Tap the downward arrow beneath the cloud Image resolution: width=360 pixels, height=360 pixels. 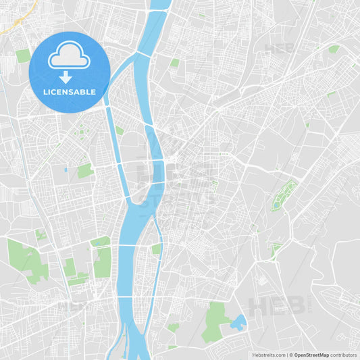coord(66,77)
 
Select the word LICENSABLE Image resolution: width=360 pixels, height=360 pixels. coord(69,92)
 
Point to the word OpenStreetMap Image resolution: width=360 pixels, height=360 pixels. coord(311,355)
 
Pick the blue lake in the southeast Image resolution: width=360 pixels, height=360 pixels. coord(238,322)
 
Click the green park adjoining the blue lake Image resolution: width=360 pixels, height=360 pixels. coord(215,320)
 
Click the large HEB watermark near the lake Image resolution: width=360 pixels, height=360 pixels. coord(277,306)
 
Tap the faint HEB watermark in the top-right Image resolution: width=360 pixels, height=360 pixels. coord(278,49)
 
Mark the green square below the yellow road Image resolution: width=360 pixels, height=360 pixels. coord(24,55)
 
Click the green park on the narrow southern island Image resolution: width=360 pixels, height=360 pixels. coord(156,249)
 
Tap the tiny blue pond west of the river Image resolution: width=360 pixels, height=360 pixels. coord(66,170)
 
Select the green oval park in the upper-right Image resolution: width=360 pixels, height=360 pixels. coord(334,49)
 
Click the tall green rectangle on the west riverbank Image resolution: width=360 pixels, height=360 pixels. coord(103,261)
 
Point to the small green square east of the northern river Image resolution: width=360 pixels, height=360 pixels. coord(175,63)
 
